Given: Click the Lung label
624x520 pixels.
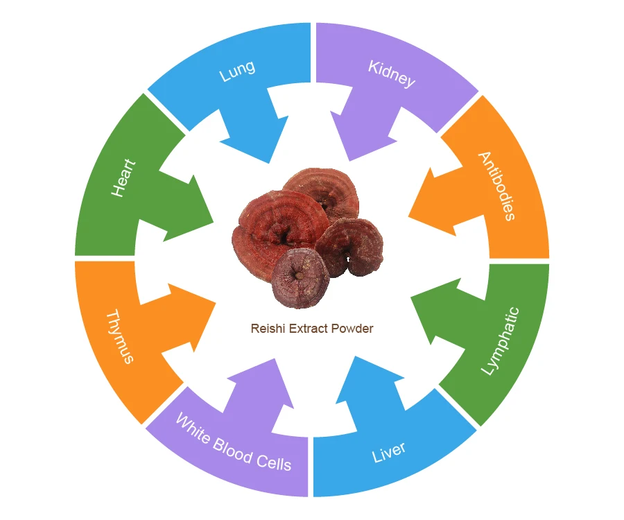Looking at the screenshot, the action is point(237,71).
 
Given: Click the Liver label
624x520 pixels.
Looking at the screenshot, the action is point(389,451).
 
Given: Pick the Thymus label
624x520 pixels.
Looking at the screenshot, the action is point(119,337).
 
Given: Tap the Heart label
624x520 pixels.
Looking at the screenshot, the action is point(123,179).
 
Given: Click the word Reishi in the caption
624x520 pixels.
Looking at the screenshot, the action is point(264,328).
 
